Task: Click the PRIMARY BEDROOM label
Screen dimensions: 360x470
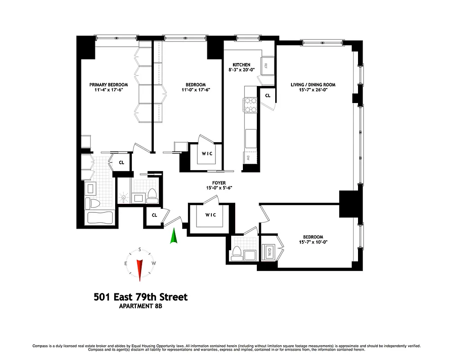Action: tap(108, 85)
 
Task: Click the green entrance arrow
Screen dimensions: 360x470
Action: tap(173, 236)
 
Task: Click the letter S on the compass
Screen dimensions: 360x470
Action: tap(140, 249)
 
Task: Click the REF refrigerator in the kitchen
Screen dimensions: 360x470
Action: tap(266, 65)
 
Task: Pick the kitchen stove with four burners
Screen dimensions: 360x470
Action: tap(250, 105)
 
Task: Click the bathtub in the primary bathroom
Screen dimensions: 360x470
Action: tap(99, 218)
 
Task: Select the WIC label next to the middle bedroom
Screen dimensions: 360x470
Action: tap(206, 153)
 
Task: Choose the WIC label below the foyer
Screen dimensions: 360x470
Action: tap(210, 215)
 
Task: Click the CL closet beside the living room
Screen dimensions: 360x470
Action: tap(268, 96)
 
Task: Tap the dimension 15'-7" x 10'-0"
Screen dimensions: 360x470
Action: tap(313, 243)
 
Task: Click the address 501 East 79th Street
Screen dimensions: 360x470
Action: tap(140, 297)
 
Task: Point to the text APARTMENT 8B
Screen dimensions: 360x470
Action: tap(140, 307)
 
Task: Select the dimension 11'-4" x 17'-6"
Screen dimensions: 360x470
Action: tap(108, 90)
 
